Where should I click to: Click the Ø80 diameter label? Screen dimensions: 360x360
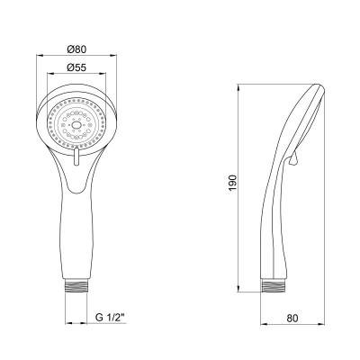tap(76, 49)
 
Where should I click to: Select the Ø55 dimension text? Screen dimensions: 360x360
tap(76, 67)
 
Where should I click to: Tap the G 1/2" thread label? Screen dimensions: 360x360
tap(110, 318)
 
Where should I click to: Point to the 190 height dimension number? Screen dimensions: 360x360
tap(233, 184)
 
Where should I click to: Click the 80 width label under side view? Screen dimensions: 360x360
tap(292, 318)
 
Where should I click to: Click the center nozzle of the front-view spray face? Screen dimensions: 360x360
tap(76, 123)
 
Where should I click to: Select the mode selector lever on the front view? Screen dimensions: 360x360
tap(76, 157)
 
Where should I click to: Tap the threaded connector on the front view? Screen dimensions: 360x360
tap(76, 285)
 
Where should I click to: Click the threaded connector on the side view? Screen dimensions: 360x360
tap(274, 285)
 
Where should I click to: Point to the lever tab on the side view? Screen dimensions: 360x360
tap(292, 158)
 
